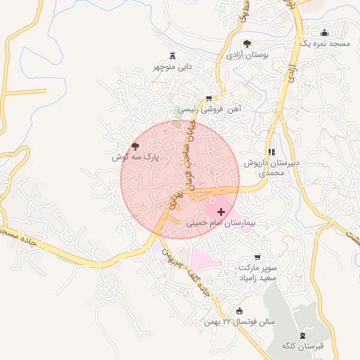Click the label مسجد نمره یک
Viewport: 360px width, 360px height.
point(324,44)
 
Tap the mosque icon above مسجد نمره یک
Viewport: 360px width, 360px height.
point(324,32)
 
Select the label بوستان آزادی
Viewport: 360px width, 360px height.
point(245,55)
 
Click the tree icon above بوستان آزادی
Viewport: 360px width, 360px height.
point(245,44)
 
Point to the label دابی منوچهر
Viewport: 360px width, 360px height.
point(173,67)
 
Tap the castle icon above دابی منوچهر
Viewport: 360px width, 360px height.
point(173,56)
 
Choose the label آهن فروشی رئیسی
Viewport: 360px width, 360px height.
point(209,110)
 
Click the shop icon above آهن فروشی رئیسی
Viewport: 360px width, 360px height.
point(208,98)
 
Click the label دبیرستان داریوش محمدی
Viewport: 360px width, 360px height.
point(271,167)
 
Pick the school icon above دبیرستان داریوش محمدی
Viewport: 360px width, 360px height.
point(271,152)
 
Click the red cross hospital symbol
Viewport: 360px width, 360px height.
point(221,211)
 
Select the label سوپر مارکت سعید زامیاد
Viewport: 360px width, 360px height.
point(258,274)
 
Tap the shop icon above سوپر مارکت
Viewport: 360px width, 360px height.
point(258,257)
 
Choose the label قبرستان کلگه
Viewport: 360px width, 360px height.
point(302,346)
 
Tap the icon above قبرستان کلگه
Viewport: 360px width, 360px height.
point(302,335)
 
